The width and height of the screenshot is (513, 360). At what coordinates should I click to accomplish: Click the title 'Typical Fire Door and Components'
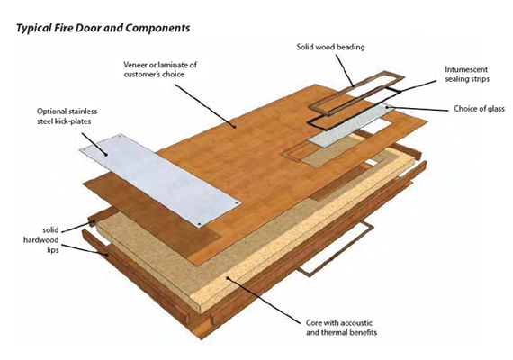pos(103,28)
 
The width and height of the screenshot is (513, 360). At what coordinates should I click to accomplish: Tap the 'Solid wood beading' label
pos(330,47)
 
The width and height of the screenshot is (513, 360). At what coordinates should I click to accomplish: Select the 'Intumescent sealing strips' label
pos(466,75)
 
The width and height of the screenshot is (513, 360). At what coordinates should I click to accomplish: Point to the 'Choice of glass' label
pos(479,109)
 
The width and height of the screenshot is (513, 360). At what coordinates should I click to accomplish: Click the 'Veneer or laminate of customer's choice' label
pos(160,69)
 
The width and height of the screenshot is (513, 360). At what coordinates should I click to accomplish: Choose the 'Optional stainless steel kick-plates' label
pos(67,116)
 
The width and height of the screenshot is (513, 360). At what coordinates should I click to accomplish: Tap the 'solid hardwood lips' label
pos(41,240)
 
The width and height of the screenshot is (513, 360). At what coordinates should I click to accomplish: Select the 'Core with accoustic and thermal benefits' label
pos(342,328)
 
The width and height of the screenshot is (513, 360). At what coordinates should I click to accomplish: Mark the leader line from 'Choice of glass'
pos(417,108)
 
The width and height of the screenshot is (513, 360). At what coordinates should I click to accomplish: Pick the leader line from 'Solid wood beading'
pos(345,70)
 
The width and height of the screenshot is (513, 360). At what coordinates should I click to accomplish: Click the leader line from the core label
pos(264,301)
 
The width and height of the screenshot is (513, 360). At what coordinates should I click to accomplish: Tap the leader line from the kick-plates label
pos(94,144)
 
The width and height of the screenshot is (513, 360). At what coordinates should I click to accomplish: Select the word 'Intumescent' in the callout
pos(466,69)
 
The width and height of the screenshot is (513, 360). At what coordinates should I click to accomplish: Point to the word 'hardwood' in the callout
pos(40,240)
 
